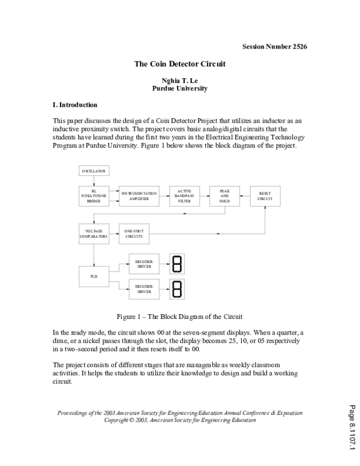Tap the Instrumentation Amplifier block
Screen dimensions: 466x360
coord(139,196)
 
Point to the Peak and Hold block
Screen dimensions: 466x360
coord(224,196)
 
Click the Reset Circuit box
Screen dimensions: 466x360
coord(265,196)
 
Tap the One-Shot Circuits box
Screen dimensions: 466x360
coord(134,234)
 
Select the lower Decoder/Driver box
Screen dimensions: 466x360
coord(144,291)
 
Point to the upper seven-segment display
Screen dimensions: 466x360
coord(178,263)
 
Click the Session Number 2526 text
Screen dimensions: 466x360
coord(274,47)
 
